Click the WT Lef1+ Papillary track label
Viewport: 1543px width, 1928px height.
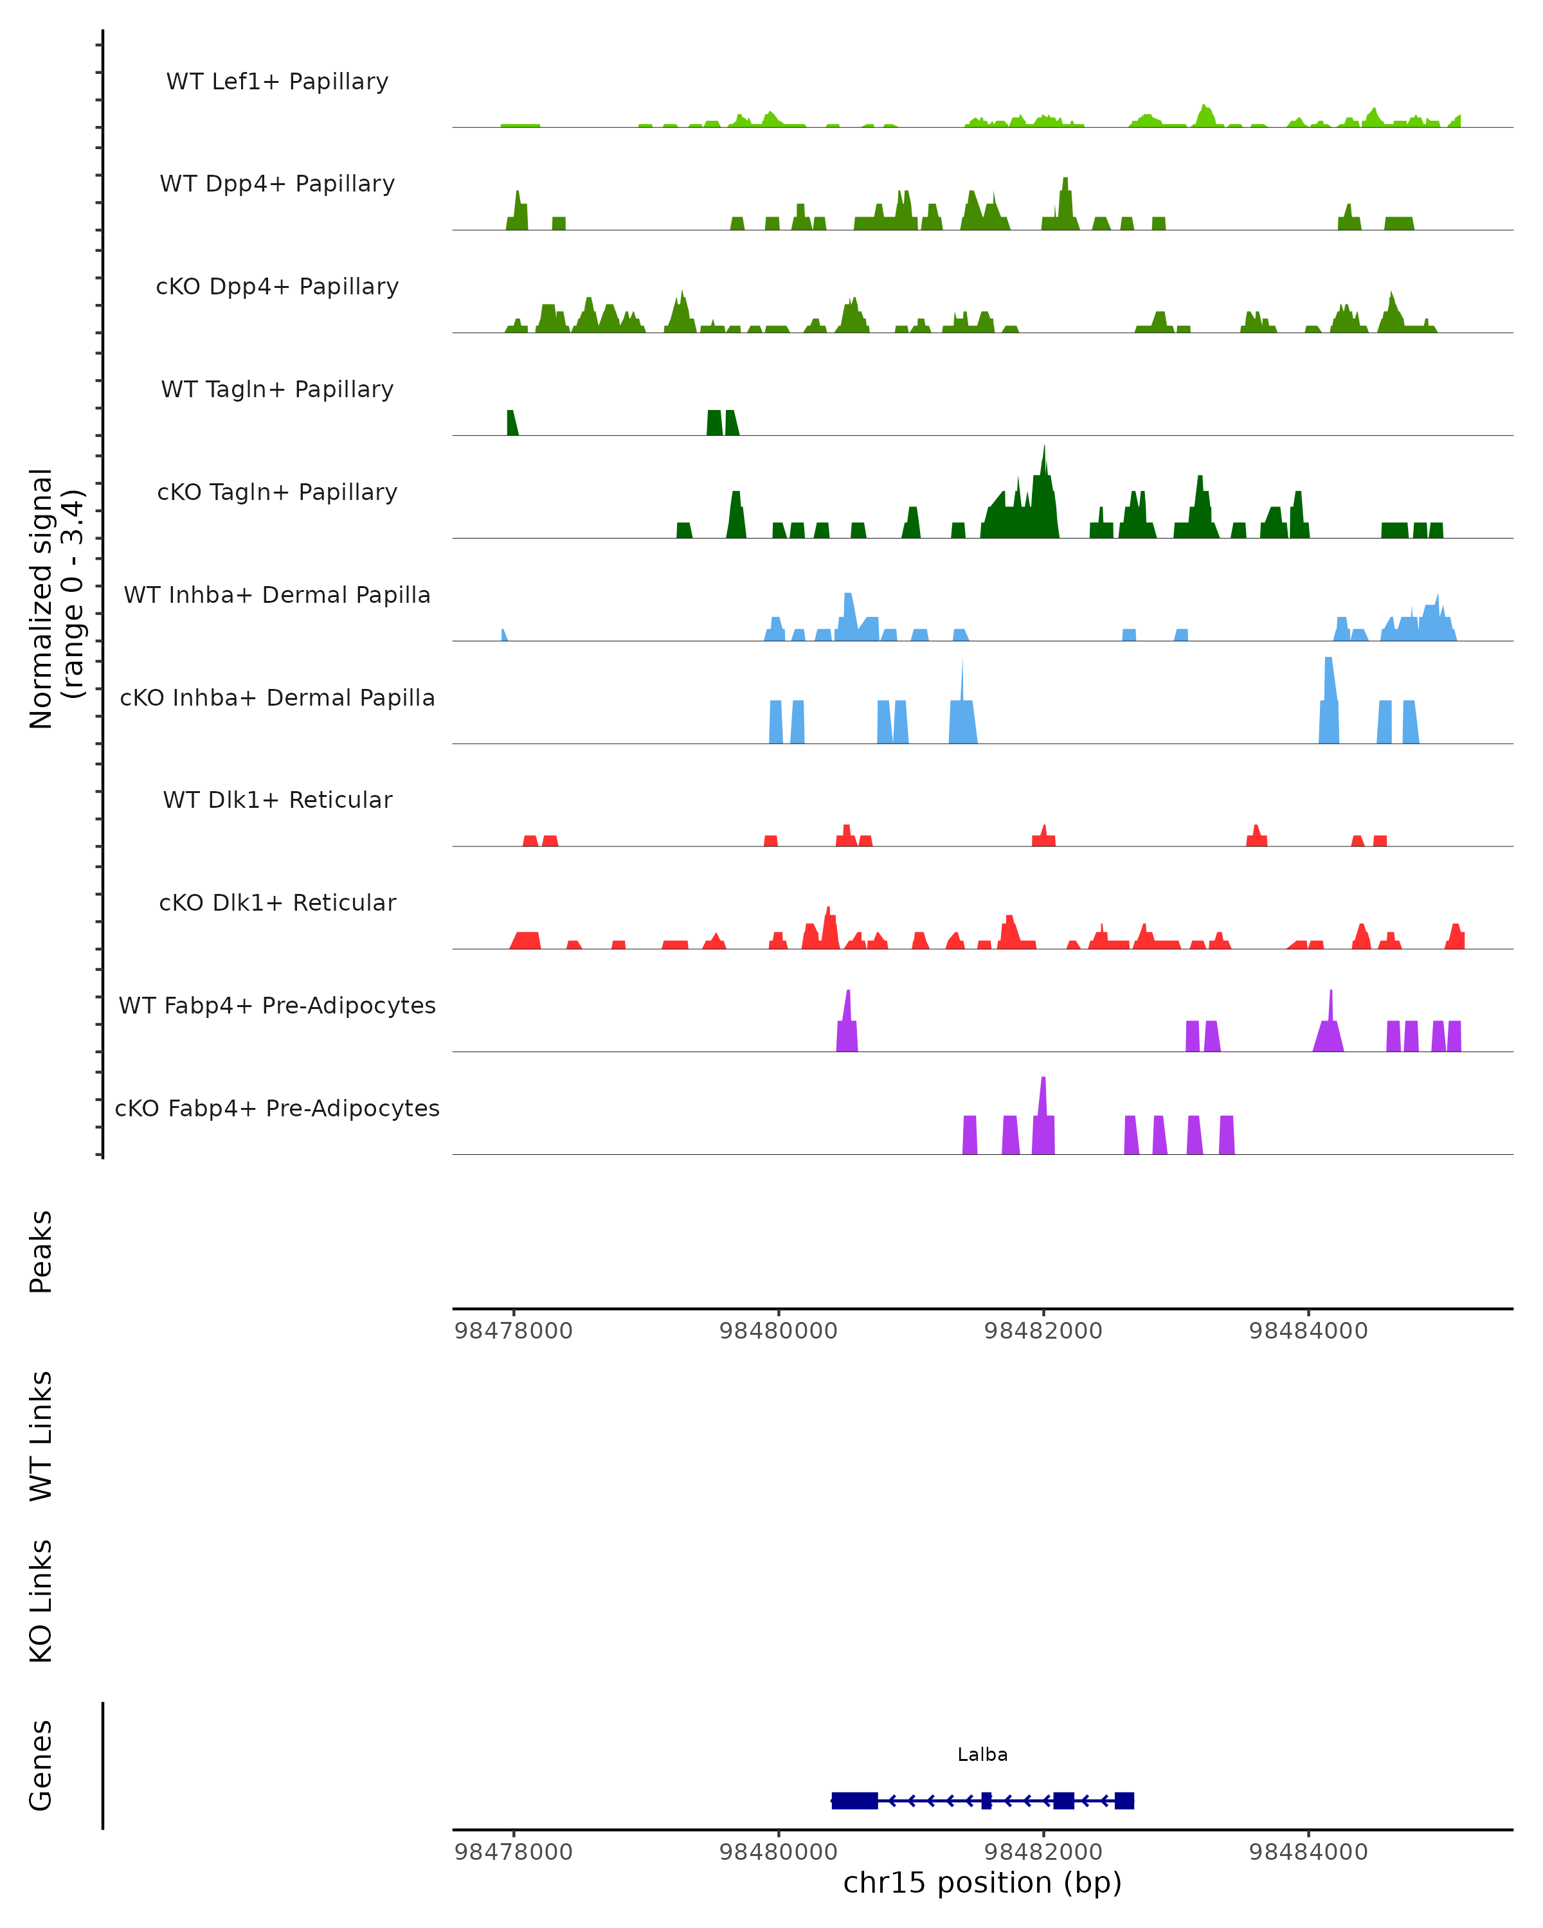277,82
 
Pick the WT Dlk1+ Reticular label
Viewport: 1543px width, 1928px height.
277,799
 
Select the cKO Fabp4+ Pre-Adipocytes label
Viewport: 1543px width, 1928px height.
277,1108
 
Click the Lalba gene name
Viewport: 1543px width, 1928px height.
982,1754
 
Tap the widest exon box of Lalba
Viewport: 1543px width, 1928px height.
854,1801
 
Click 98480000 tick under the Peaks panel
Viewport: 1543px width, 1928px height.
778,1331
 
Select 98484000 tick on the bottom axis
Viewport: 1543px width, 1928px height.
1308,1852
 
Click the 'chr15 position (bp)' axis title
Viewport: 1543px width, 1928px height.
982,1882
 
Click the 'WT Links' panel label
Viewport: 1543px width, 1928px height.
41,1436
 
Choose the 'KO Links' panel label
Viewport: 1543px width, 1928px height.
41,1602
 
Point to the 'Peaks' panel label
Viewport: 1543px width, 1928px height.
41,1251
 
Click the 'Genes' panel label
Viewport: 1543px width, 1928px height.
41,1765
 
